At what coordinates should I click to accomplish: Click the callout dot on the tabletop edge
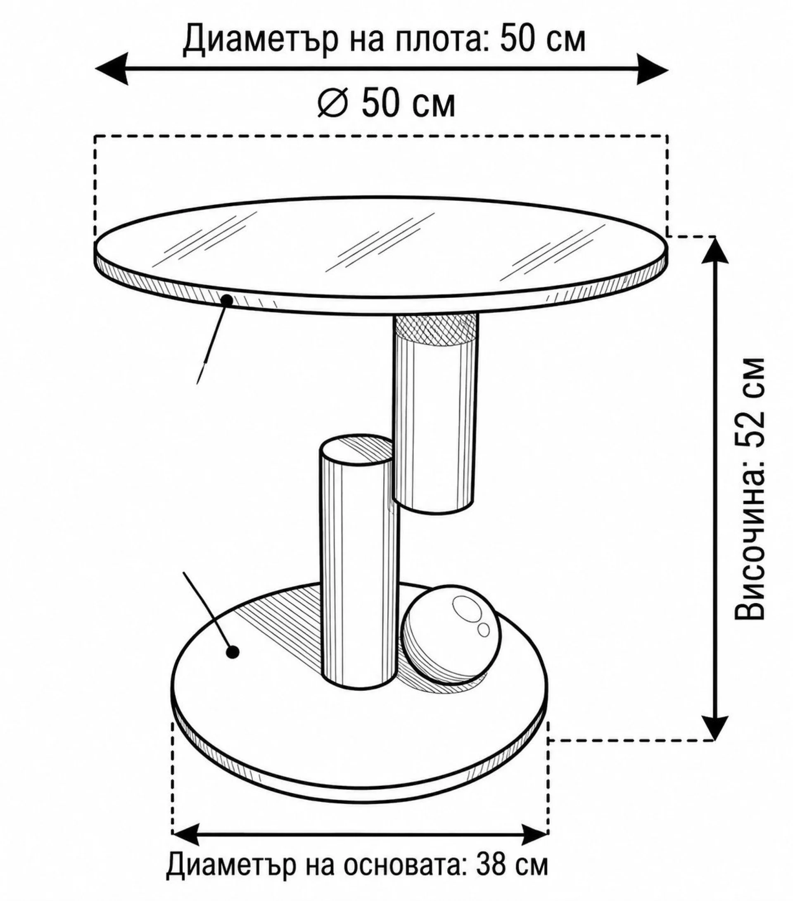[x=227, y=300]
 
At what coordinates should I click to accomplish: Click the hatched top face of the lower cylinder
[x=356, y=449]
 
